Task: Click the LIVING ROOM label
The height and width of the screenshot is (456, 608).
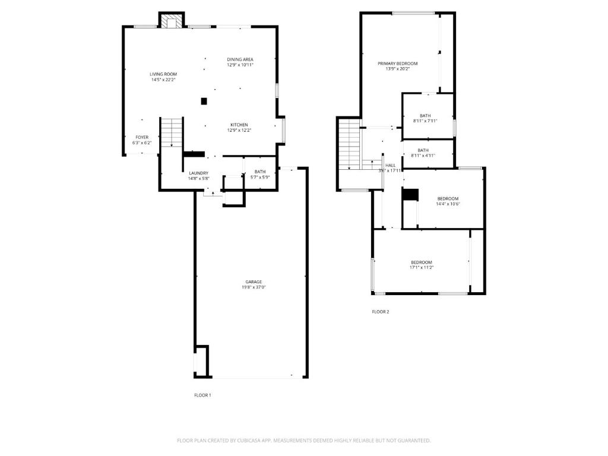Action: point(163,74)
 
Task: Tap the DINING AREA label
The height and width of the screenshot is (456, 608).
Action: point(240,59)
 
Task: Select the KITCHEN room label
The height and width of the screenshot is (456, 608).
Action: point(239,125)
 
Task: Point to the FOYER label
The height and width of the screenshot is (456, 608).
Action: point(142,137)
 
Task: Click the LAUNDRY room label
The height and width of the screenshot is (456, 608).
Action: point(198,173)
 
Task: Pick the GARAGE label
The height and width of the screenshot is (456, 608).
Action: point(254,282)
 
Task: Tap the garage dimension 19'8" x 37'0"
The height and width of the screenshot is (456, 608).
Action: point(254,288)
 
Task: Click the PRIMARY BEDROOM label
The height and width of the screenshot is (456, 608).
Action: point(397,64)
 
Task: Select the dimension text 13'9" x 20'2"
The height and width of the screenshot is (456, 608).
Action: point(397,69)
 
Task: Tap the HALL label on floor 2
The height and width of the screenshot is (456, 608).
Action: point(390,166)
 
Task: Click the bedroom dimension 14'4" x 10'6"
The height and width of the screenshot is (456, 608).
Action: point(448,204)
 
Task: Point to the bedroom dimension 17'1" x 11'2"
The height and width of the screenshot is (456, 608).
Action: point(421,268)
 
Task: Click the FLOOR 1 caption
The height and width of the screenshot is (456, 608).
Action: point(202,395)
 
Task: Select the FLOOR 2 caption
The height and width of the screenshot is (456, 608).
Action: point(381,312)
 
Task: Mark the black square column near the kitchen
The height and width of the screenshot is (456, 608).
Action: point(204,102)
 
